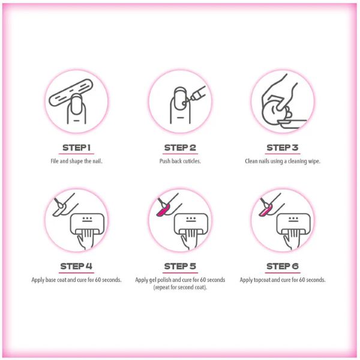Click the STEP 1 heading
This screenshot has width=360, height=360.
point(76,148)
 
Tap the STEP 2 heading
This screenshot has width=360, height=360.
point(180,148)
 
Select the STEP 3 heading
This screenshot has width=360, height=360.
point(283,148)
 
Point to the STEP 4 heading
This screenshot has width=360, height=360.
point(76,266)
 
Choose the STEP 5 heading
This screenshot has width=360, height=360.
point(180,266)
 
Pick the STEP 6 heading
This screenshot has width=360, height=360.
point(283,266)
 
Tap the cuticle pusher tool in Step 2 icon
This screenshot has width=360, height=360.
point(195,95)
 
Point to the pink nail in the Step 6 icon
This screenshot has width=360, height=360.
point(266,211)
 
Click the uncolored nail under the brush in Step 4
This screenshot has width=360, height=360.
point(59,211)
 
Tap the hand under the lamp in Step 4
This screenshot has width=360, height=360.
point(85,239)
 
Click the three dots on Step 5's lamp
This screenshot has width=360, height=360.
point(191,218)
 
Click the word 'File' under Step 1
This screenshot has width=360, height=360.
point(55,161)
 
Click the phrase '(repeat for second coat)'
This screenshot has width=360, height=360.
point(180,287)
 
